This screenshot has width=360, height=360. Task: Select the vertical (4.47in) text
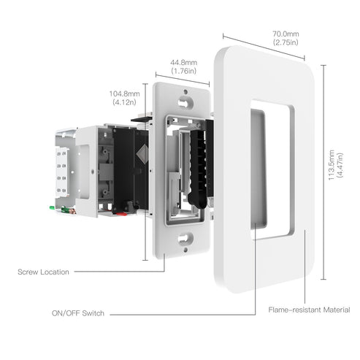coord(340,169)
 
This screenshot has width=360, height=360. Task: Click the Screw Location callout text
coord(43,272)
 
